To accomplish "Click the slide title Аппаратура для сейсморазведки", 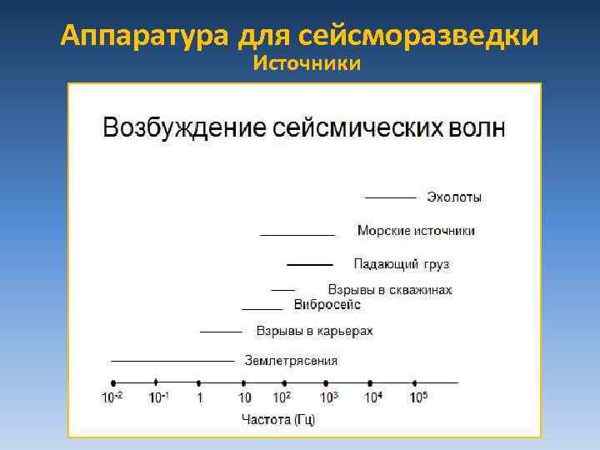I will (300, 36).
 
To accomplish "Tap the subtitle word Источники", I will (307, 63).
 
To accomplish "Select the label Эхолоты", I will (454, 197).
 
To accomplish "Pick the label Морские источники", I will (416, 231).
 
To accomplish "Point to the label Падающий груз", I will (401, 264).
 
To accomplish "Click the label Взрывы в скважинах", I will (390, 290).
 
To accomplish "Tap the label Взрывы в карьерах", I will (314, 331).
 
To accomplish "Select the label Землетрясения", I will (291, 361).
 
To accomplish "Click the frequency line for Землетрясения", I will (172, 361).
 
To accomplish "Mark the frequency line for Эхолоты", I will (390, 197).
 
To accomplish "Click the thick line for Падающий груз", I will (309, 264).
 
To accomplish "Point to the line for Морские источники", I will (297, 234).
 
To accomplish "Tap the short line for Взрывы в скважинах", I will (282, 289).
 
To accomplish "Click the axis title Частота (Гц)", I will (277, 419).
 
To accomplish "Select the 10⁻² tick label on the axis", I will (112, 397).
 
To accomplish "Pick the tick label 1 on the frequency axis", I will (199, 398).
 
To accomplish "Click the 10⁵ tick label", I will (417, 397).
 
